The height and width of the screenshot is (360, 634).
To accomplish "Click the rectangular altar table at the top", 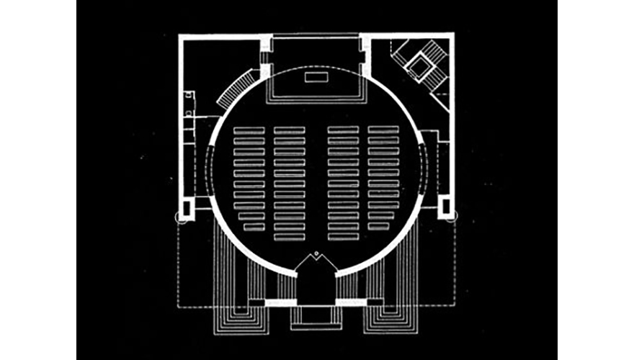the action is tap(316, 76).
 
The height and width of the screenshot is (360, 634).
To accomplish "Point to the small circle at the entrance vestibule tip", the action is tap(316, 253).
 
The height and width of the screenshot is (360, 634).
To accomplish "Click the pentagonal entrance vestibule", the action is tap(316, 277).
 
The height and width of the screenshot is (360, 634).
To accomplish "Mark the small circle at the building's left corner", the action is tap(180, 218).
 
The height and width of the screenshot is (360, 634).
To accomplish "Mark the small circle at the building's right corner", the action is tap(452, 218).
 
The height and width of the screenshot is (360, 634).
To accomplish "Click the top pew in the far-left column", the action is tap(249, 130).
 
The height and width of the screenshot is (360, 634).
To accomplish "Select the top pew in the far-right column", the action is tap(383, 130).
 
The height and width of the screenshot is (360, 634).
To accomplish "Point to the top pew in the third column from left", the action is tap(343, 130).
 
